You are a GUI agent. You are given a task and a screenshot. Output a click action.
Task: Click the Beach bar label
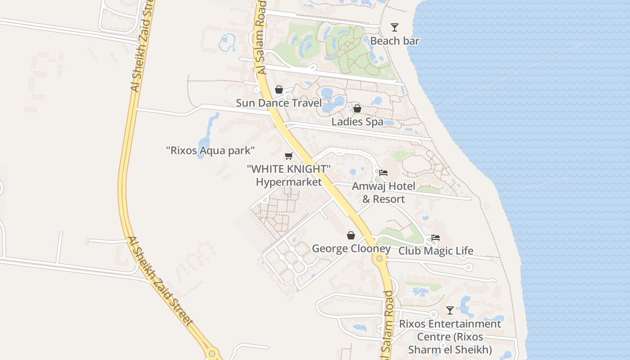[x=395, y=41]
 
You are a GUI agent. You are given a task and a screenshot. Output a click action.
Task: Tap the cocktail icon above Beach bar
[x=395, y=27]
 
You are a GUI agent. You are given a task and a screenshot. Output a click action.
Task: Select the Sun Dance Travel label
[x=279, y=103]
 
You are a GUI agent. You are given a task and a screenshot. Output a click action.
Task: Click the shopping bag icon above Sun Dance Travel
[x=279, y=90]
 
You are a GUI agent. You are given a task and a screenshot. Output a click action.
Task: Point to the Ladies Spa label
[x=357, y=122]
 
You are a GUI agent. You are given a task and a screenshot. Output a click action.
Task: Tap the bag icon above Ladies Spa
[x=357, y=108]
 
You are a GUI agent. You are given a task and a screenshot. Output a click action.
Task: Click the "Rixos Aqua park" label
[x=211, y=150]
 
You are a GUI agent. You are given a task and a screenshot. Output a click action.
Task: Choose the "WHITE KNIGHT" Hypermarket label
[x=289, y=175]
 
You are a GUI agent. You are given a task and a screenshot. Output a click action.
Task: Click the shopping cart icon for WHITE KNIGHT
[x=289, y=156]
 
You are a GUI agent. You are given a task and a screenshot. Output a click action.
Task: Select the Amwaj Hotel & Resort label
[x=383, y=193]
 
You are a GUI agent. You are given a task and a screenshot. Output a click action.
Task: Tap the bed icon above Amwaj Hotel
[x=383, y=172]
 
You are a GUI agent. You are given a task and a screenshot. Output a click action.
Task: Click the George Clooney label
[x=351, y=249]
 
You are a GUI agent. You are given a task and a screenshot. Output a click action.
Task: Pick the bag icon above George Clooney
[x=351, y=235]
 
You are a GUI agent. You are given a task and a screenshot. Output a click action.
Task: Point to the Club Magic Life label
[x=436, y=251]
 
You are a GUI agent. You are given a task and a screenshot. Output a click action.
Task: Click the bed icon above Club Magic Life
[x=436, y=238]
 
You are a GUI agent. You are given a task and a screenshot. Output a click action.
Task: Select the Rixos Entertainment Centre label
[x=450, y=337]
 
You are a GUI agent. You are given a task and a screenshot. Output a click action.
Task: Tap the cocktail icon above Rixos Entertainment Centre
[x=450, y=310]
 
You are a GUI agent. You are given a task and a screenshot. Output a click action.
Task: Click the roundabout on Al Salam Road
[x=380, y=258]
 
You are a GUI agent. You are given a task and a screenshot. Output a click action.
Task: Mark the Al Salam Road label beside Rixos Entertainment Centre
[x=388, y=325]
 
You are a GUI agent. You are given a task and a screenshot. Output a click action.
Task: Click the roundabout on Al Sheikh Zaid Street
[x=212, y=353]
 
